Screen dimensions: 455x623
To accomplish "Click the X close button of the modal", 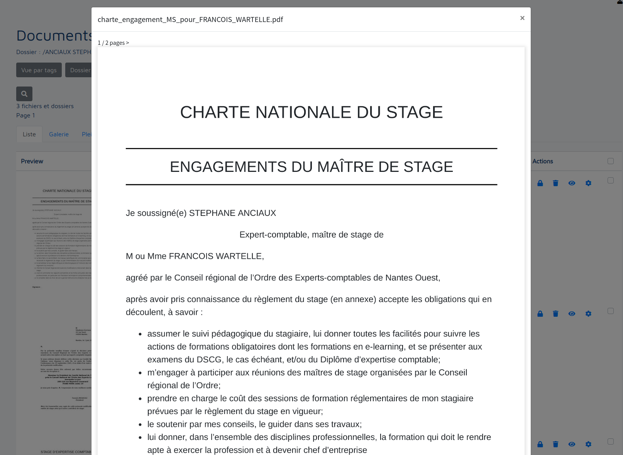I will pyautogui.click(x=522, y=18).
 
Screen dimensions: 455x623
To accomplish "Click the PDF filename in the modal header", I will pyautogui.click(x=190, y=20).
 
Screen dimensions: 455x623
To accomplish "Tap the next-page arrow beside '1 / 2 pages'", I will pyautogui.click(x=127, y=43).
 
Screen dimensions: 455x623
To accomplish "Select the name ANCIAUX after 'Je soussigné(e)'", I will pyautogui.click(x=257, y=213).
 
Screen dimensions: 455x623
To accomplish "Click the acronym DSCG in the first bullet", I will pyautogui.click(x=209, y=360).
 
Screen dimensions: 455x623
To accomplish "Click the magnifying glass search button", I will pyautogui.click(x=24, y=94).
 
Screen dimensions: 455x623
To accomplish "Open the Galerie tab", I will pyautogui.click(x=59, y=134).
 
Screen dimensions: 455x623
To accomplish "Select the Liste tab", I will pyautogui.click(x=29, y=134).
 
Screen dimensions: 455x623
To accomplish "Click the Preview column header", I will pyautogui.click(x=32, y=161).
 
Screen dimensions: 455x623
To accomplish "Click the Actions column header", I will pyautogui.click(x=542, y=161).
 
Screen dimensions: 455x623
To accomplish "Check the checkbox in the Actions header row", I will pyautogui.click(x=610, y=161).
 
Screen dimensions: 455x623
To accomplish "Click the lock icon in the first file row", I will pyautogui.click(x=540, y=183).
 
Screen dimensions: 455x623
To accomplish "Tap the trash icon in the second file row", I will pyautogui.click(x=555, y=314).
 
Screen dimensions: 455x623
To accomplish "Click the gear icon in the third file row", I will pyautogui.click(x=588, y=444).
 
